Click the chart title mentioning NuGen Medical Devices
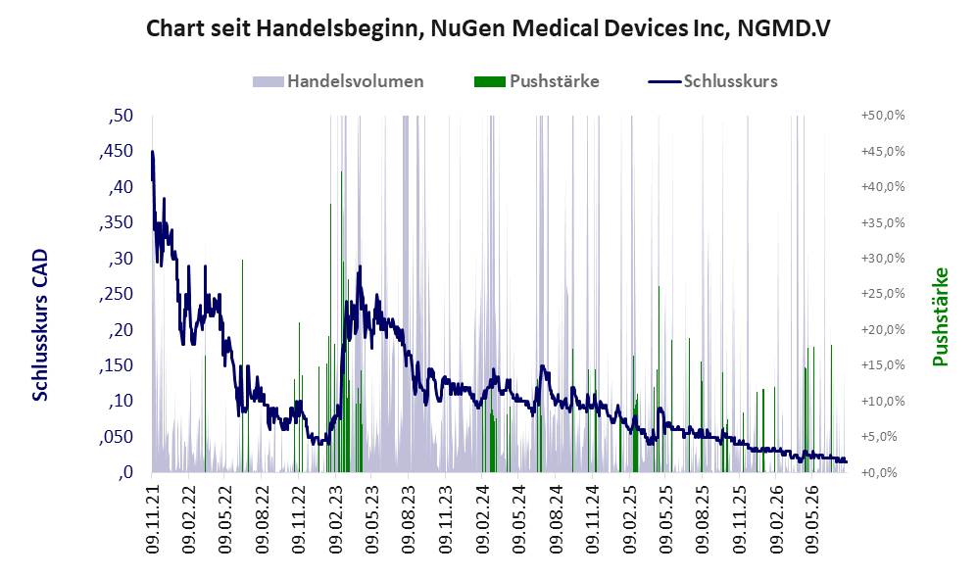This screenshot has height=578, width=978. [488, 28]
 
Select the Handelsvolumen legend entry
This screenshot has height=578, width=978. [338, 81]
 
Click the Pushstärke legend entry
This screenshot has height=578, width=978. [536, 81]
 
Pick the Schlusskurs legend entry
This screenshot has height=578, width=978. [712, 81]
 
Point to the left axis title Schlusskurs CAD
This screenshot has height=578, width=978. [40, 325]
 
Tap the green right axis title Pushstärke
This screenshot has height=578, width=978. [940, 316]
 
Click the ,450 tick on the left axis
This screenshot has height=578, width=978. [116, 151]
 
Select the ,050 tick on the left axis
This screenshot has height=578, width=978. [116, 437]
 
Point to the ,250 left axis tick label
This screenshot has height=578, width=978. [116, 294]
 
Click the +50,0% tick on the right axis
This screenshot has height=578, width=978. [883, 116]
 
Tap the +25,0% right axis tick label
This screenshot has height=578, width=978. [883, 294]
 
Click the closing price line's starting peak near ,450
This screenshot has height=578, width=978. [152, 152]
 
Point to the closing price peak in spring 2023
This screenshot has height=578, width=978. [360, 266]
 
